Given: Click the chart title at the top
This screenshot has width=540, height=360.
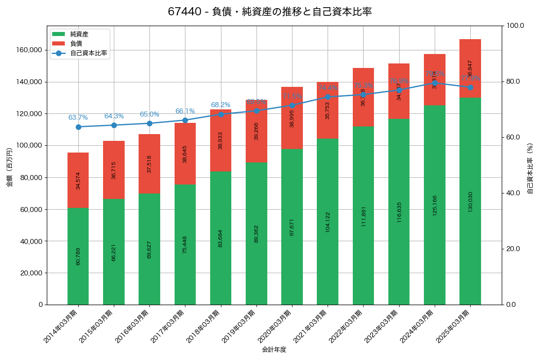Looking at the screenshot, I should point(270,12).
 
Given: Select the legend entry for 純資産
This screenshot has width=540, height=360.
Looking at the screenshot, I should point(79,34).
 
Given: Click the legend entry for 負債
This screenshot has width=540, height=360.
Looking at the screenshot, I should point(76,44).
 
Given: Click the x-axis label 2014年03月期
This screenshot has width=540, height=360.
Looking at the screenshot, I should point(61,326).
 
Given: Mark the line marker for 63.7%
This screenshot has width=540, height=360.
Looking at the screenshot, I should point(78,127).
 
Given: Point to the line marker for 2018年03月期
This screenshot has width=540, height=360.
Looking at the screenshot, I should point(221,114).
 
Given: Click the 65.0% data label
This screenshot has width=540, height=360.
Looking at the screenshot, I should point(149,114).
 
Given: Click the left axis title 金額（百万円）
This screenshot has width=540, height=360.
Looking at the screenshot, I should point(9,167).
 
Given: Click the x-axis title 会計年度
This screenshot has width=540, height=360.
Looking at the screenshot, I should point(274,349).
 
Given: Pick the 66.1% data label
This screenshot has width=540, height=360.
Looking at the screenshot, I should point(185,111).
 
